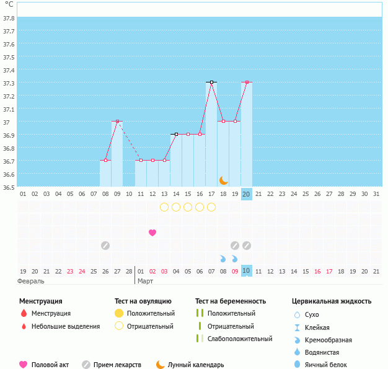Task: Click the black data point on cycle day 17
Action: [x=211, y=82]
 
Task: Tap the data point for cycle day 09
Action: [x=117, y=121]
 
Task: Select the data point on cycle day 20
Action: [x=247, y=82]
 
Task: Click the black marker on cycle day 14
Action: [x=176, y=134]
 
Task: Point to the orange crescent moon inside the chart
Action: [x=223, y=181]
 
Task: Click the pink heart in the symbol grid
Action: [x=152, y=233]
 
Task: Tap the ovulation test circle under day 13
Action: [x=164, y=207]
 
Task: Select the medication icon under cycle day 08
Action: [x=105, y=246]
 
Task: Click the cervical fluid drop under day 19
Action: [x=234, y=259]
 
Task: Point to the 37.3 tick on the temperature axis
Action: [x=9, y=83]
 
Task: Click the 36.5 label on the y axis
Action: [x=9, y=187]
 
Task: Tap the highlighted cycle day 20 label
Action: [x=247, y=194]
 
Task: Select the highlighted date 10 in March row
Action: [x=247, y=270]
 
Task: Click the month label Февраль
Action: [x=31, y=282]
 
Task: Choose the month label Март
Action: [x=145, y=282]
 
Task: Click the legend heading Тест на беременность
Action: [x=231, y=301]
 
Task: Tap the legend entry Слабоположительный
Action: [x=240, y=339]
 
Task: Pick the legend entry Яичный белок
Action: [x=325, y=365]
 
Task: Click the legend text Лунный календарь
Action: [x=196, y=365]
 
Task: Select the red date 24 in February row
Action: [x=82, y=272]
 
